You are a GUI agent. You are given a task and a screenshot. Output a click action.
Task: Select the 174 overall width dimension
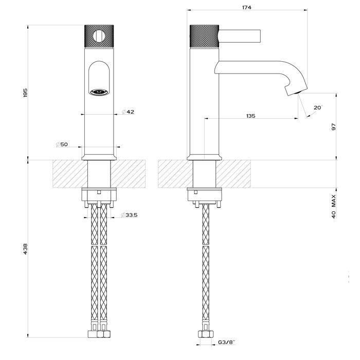coord(249,7)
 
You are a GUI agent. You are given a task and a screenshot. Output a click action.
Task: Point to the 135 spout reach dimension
coord(250,116)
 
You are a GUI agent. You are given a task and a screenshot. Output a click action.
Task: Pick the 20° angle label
coord(317,107)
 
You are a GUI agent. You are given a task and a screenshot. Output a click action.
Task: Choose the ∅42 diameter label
coord(129,112)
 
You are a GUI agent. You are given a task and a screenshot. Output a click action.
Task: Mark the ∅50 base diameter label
coord(62,145)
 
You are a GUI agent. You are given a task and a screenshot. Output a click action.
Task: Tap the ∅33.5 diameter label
coord(130,214)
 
